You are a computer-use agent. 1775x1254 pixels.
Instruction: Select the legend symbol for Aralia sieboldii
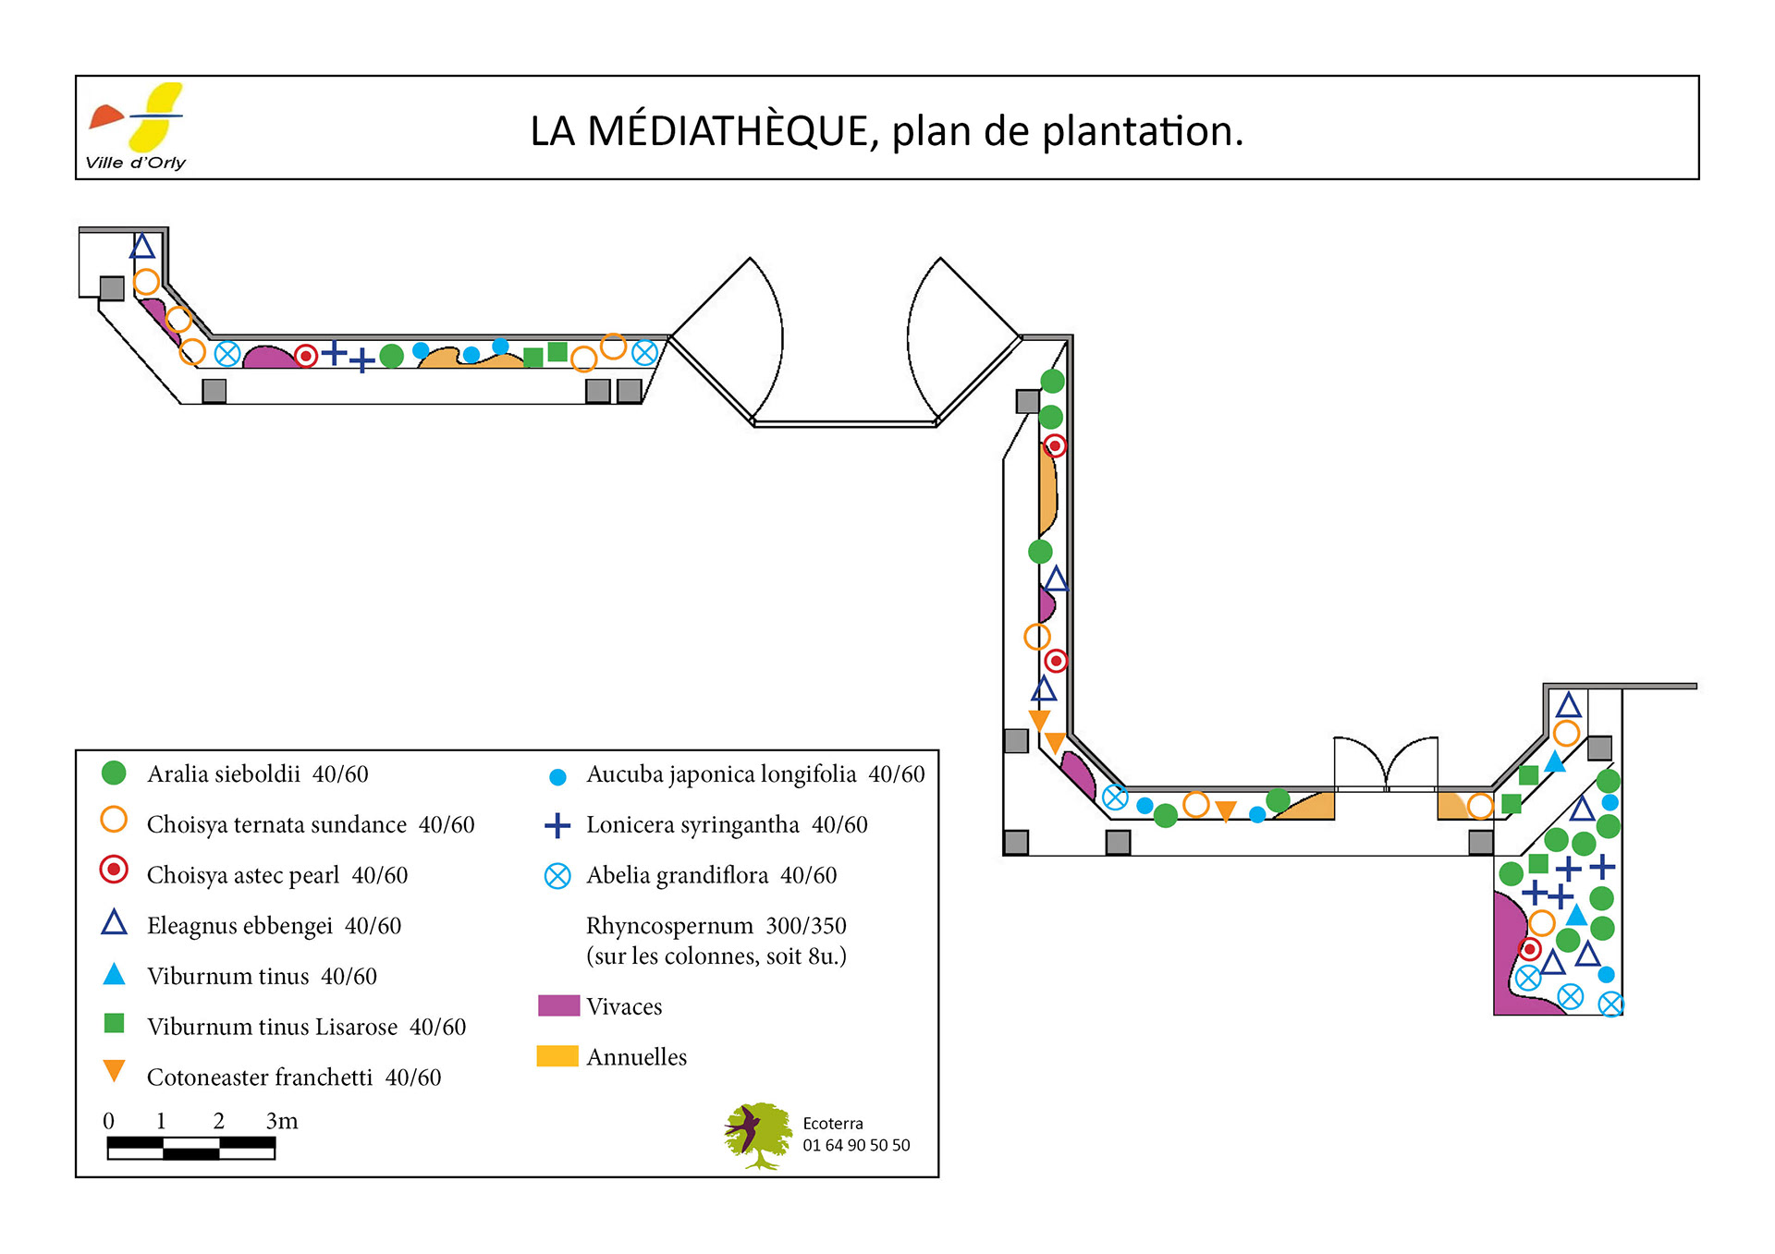pos(114,773)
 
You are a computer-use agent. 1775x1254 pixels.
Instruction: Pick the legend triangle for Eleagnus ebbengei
pos(114,923)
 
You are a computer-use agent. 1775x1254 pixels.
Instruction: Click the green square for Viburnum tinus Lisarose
pos(114,1023)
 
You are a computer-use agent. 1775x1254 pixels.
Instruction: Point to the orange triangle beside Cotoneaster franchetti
pos(114,1071)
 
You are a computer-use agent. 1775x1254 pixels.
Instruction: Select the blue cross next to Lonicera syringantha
pos(557,825)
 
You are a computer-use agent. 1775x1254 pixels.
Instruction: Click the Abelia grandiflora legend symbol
pos(557,876)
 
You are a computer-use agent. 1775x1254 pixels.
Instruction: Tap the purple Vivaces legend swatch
pos(558,1005)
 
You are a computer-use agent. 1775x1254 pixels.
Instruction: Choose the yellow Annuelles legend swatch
pos(557,1056)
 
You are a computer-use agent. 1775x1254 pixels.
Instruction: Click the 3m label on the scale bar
pos(282,1121)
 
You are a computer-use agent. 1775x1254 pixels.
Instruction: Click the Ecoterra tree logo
pos(757,1135)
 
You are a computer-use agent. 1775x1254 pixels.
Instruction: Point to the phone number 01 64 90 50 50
pos(856,1146)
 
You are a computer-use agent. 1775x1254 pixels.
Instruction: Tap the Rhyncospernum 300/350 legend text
pos(716,926)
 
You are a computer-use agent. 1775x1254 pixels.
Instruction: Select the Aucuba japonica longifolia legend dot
pos(557,777)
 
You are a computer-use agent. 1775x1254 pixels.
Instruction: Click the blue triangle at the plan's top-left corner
pos(141,247)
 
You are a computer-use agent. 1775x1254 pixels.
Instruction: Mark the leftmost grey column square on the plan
pos(112,288)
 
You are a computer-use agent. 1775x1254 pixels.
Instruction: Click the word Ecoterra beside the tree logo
pos(832,1124)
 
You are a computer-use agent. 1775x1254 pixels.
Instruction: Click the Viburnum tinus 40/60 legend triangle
pos(114,974)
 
